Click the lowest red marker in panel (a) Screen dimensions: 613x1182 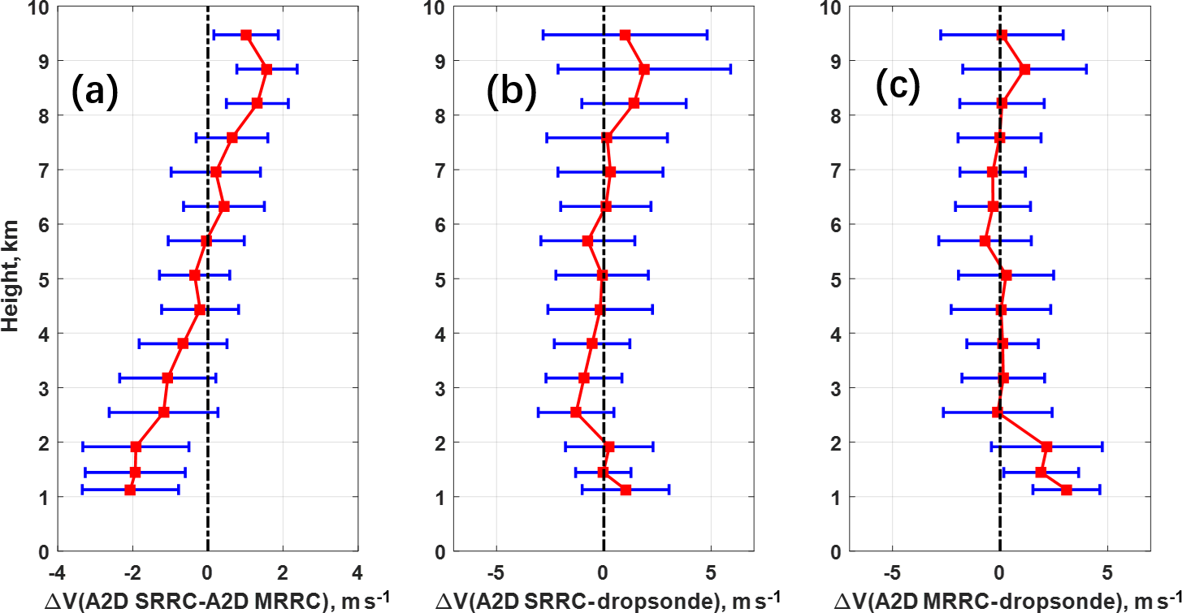coord(130,490)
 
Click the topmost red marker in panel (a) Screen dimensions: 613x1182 coord(246,35)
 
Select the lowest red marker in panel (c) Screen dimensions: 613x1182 coord(1066,490)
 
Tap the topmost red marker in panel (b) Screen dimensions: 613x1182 coord(625,35)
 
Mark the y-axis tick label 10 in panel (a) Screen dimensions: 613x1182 coord(41,7)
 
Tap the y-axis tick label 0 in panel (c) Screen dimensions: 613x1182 coord(837,551)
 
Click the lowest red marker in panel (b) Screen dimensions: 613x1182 coord(626,490)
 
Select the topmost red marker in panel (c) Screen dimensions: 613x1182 coord(1002,35)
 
